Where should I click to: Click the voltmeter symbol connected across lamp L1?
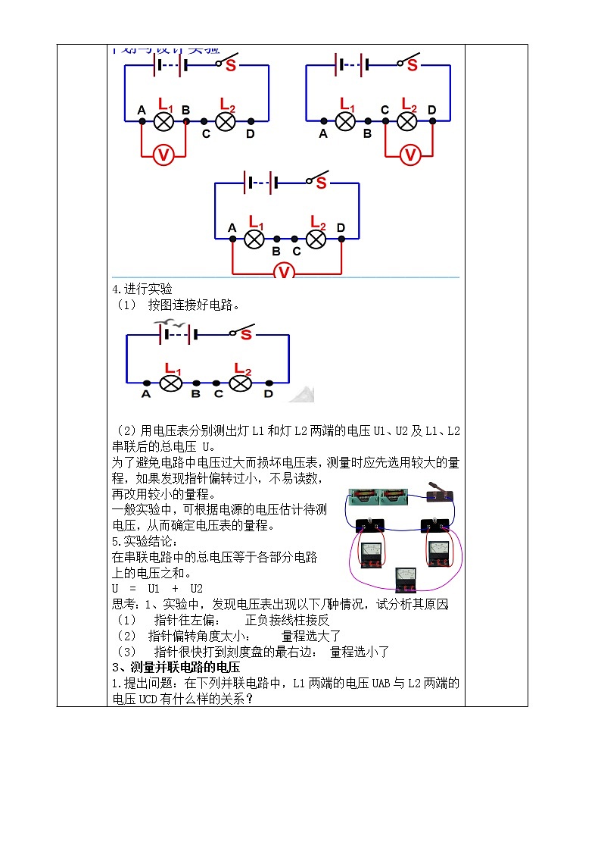[x=163, y=155]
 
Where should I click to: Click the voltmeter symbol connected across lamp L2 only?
[x=409, y=155]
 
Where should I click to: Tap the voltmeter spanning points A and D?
[x=283, y=271]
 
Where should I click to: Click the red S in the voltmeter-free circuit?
[x=246, y=335]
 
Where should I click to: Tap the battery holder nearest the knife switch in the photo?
[x=394, y=496]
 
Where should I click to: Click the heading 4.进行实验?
[x=142, y=289]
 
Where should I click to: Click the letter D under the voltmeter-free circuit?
[x=268, y=394]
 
